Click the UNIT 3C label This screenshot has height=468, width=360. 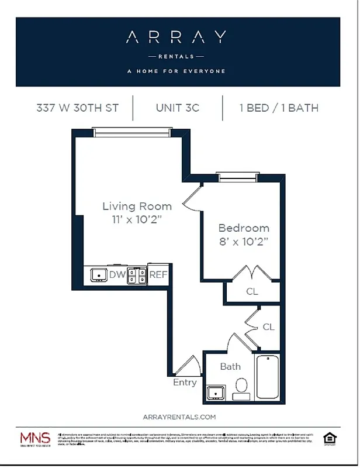(x=178, y=108)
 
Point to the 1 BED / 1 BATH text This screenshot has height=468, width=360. (x=278, y=108)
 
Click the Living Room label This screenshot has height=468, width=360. (x=137, y=206)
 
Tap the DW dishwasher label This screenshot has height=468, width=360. (x=117, y=274)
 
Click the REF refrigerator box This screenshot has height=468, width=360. (x=158, y=274)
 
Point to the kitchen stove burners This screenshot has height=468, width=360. (x=137, y=274)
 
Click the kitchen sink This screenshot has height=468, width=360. (x=98, y=274)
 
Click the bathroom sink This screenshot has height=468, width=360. (x=216, y=393)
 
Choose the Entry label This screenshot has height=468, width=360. (x=185, y=383)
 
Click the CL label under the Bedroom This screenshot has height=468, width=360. (x=251, y=291)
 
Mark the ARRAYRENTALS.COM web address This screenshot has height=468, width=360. (x=179, y=417)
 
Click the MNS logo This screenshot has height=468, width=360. (x=36, y=438)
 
